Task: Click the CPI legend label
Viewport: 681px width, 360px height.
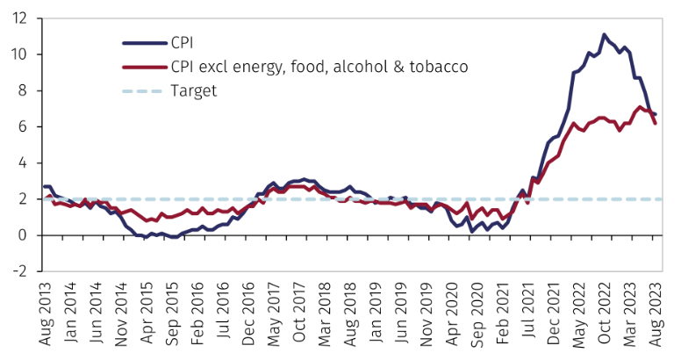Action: click(183, 40)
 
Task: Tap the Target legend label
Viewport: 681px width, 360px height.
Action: click(194, 90)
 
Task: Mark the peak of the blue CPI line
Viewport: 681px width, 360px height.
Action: click(605, 35)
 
